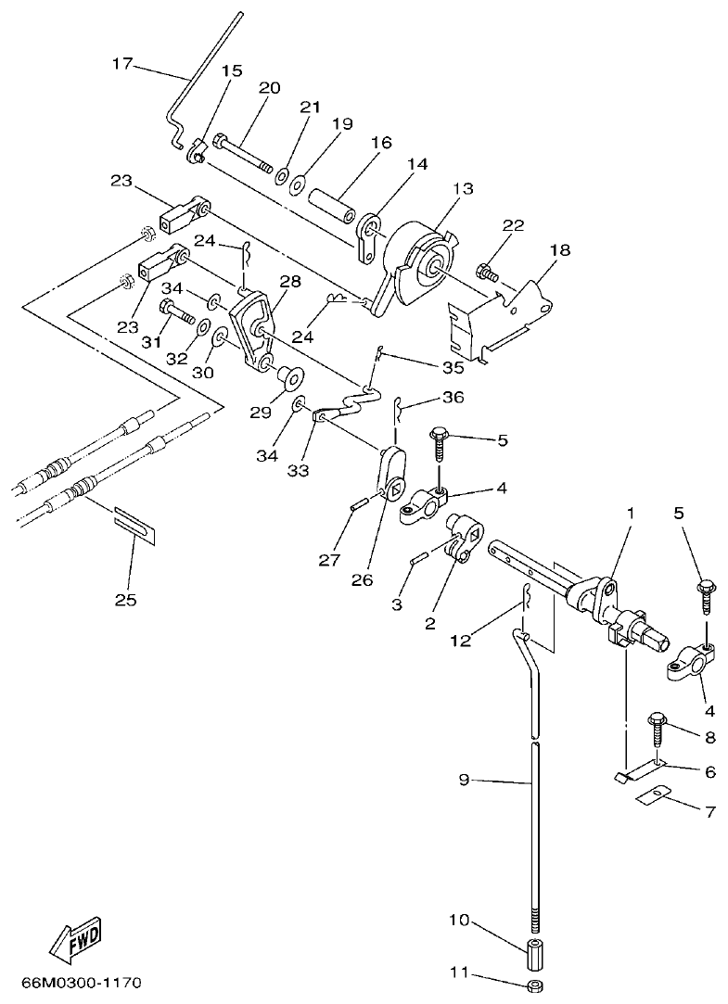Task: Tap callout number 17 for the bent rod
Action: point(122,64)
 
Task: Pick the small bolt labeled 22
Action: point(486,273)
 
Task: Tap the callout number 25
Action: point(125,600)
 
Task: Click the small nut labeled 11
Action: point(535,984)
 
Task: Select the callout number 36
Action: point(452,397)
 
